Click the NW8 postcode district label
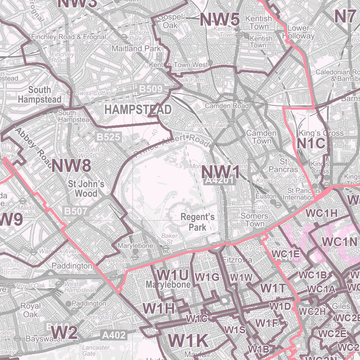pyautogui.click(x=71, y=165)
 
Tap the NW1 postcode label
pyautogui.click(x=220, y=173)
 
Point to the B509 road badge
pyautogui.click(x=151, y=89)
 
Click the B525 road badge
pyautogui.click(x=108, y=137)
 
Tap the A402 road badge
pyautogui.click(x=114, y=335)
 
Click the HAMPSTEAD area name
pyautogui.click(x=138, y=109)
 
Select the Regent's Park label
pyautogui.click(x=197, y=222)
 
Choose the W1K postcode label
pyautogui.click(x=188, y=340)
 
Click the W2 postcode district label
pyautogui.click(x=64, y=332)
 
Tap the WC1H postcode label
pyautogui.click(x=321, y=213)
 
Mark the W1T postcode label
pyautogui.click(x=273, y=288)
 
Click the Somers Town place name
pyautogui.click(x=254, y=220)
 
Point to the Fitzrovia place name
pyautogui.click(x=238, y=260)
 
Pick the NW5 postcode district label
pyautogui.click(x=219, y=19)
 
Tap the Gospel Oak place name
pyautogui.click(x=171, y=21)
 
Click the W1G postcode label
pyautogui.click(x=207, y=277)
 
